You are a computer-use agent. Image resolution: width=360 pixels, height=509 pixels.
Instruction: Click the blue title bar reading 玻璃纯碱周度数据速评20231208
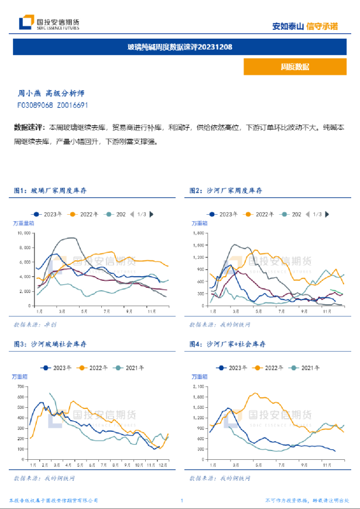(180, 47)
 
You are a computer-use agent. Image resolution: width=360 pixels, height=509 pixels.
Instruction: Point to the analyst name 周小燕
(30, 93)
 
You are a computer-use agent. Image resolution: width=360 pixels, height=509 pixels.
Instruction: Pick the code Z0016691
(72, 105)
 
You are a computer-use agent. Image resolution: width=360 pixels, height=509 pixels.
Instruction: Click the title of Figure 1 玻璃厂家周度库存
(59, 191)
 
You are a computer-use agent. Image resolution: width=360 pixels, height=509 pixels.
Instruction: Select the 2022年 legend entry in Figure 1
(84, 215)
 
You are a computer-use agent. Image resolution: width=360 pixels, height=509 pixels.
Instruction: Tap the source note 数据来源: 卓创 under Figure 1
(34, 324)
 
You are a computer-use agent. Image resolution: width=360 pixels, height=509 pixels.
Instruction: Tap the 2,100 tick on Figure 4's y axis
(200, 387)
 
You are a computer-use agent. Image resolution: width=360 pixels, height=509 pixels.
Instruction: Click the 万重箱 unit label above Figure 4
(201, 378)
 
